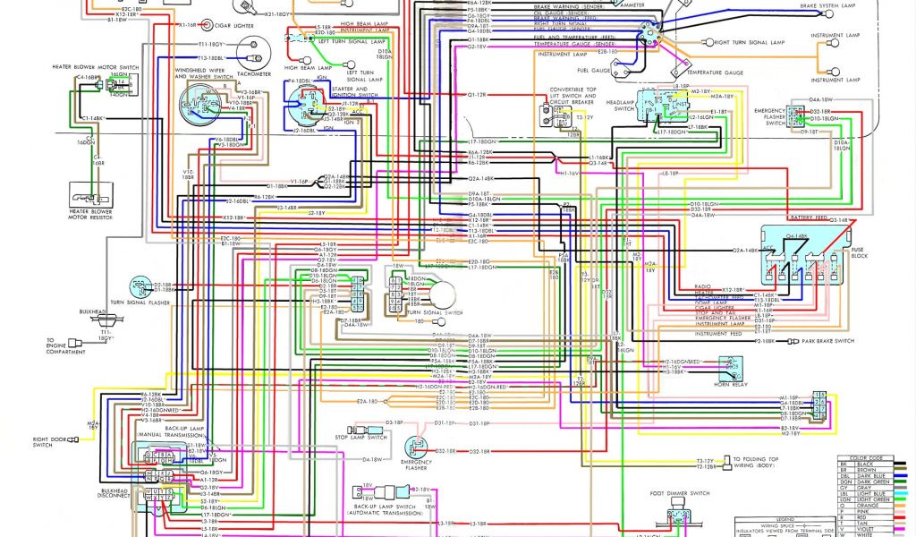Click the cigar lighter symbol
pos(208,25)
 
